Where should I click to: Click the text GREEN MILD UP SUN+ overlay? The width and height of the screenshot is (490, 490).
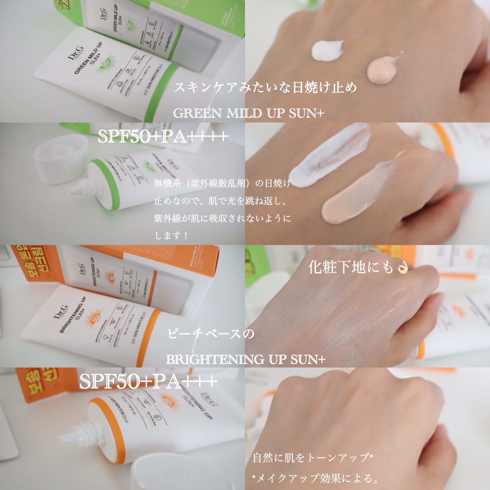point(249,113)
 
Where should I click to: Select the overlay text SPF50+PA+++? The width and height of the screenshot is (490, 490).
point(148,381)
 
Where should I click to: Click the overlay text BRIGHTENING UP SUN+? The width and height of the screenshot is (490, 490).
point(245,359)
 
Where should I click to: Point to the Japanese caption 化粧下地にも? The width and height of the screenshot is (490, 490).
point(350,267)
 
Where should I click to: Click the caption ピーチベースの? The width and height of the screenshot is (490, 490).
point(211,334)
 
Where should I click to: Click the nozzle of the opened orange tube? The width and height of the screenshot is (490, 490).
point(63,437)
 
